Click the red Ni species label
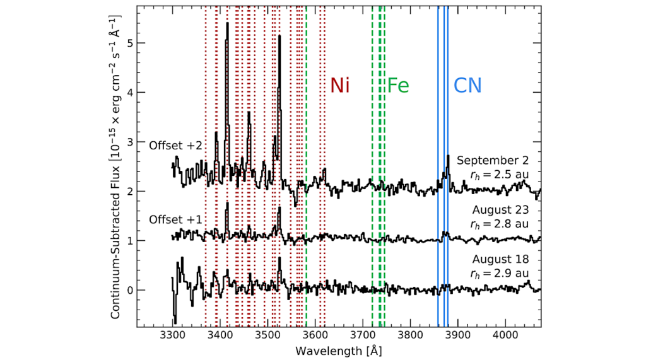coord(340,85)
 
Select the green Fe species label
coord(398,85)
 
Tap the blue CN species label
coord(467,85)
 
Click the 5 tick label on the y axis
coord(126,44)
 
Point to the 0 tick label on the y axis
coord(126,291)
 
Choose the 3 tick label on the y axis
coord(126,142)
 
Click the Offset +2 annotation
coord(175,146)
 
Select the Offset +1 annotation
coord(175,220)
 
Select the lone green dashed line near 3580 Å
coord(307,126)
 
